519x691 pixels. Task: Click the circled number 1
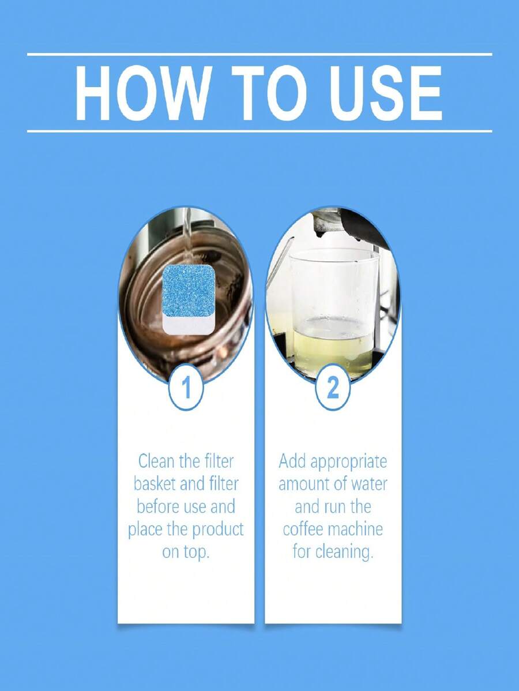click(186, 389)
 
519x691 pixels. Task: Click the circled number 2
click(333, 389)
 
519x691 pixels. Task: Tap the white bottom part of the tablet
click(189, 325)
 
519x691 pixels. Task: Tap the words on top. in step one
click(186, 551)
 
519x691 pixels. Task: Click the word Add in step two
click(292, 461)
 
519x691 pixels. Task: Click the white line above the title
click(259, 54)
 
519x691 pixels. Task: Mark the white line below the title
click(259, 131)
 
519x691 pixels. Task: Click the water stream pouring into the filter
click(187, 231)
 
